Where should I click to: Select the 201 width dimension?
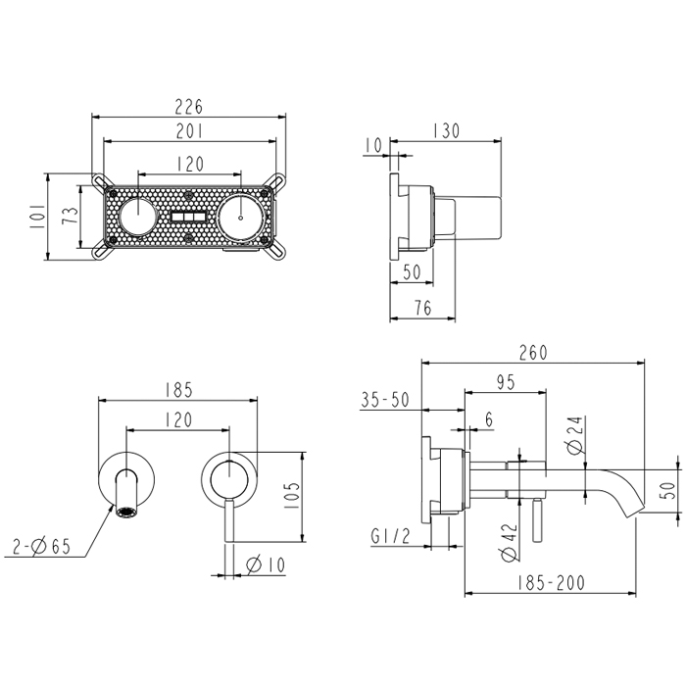pyautogui.click(x=190, y=131)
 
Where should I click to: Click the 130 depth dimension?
pyautogui.click(x=445, y=131)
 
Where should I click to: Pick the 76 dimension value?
pyautogui.click(x=422, y=308)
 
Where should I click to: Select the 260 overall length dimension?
pyautogui.click(x=532, y=352)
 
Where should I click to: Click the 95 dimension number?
pyautogui.click(x=505, y=382)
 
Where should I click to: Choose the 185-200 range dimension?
pyautogui.click(x=552, y=583)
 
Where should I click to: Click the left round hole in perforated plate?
pyautogui.click(x=139, y=217)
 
